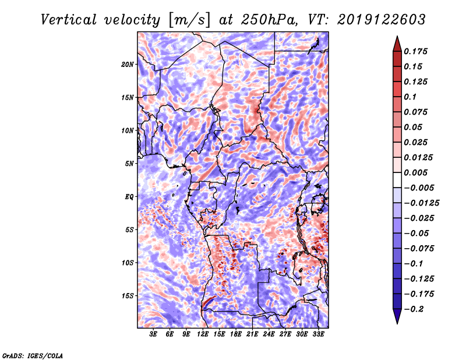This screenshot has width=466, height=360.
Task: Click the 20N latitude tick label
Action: click(128, 65)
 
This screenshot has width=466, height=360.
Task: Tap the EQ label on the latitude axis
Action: click(129, 197)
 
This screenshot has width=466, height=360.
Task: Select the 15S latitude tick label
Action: click(128, 296)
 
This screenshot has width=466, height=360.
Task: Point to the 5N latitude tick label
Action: click(129, 164)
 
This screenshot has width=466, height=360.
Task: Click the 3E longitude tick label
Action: click(153, 334)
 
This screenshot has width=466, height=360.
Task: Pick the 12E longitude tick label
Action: click(203, 334)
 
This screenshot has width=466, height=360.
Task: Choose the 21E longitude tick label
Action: click(252, 334)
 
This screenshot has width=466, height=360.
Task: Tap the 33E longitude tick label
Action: click(318, 334)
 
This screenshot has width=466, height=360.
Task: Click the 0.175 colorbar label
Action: click(415, 51)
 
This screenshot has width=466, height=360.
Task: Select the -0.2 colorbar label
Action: click(414, 309)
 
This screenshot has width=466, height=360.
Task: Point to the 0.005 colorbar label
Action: click(415, 172)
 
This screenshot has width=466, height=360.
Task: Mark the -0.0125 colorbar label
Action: click(421, 203)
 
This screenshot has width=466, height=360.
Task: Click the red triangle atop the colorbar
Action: click(397, 45)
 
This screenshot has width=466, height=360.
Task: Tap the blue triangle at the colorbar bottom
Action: click(397, 316)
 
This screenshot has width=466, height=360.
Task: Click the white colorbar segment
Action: click(397, 180)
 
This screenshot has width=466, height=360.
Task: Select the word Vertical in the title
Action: click(69, 20)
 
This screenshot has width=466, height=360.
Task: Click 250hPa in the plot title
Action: click(269, 20)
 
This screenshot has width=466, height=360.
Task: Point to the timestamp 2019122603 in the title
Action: click(382, 20)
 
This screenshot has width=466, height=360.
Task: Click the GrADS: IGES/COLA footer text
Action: click(33, 355)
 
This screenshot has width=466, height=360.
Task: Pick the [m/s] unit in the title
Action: click(189, 20)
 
